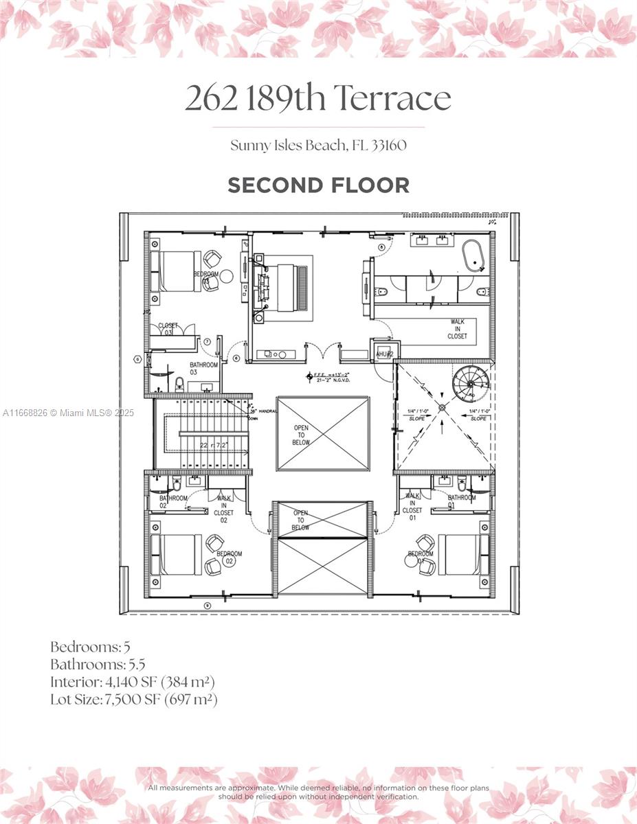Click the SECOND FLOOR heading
(x=318, y=185)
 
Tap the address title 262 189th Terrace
(x=318, y=99)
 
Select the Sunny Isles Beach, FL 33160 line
(x=318, y=146)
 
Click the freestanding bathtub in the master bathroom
(x=473, y=257)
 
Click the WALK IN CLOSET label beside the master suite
(x=458, y=329)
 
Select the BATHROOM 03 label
(x=204, y=368)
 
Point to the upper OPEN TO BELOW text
(x=302, y=435)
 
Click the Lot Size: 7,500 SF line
(x=134, y=700)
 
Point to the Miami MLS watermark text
(x=68, y=413)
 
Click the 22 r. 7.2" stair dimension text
(x=214, y=446)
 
